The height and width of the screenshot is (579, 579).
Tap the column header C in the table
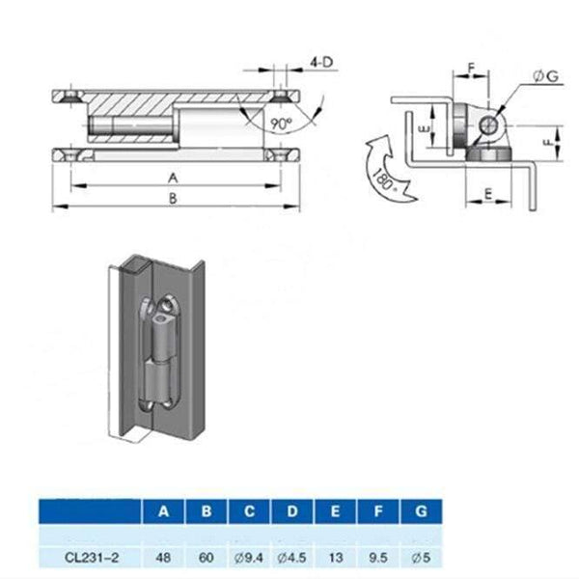pos(248,511)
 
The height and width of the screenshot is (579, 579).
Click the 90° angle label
pos(280,124)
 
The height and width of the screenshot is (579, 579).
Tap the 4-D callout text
pos(321,62)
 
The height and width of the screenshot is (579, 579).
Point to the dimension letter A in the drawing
pos(174,177)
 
